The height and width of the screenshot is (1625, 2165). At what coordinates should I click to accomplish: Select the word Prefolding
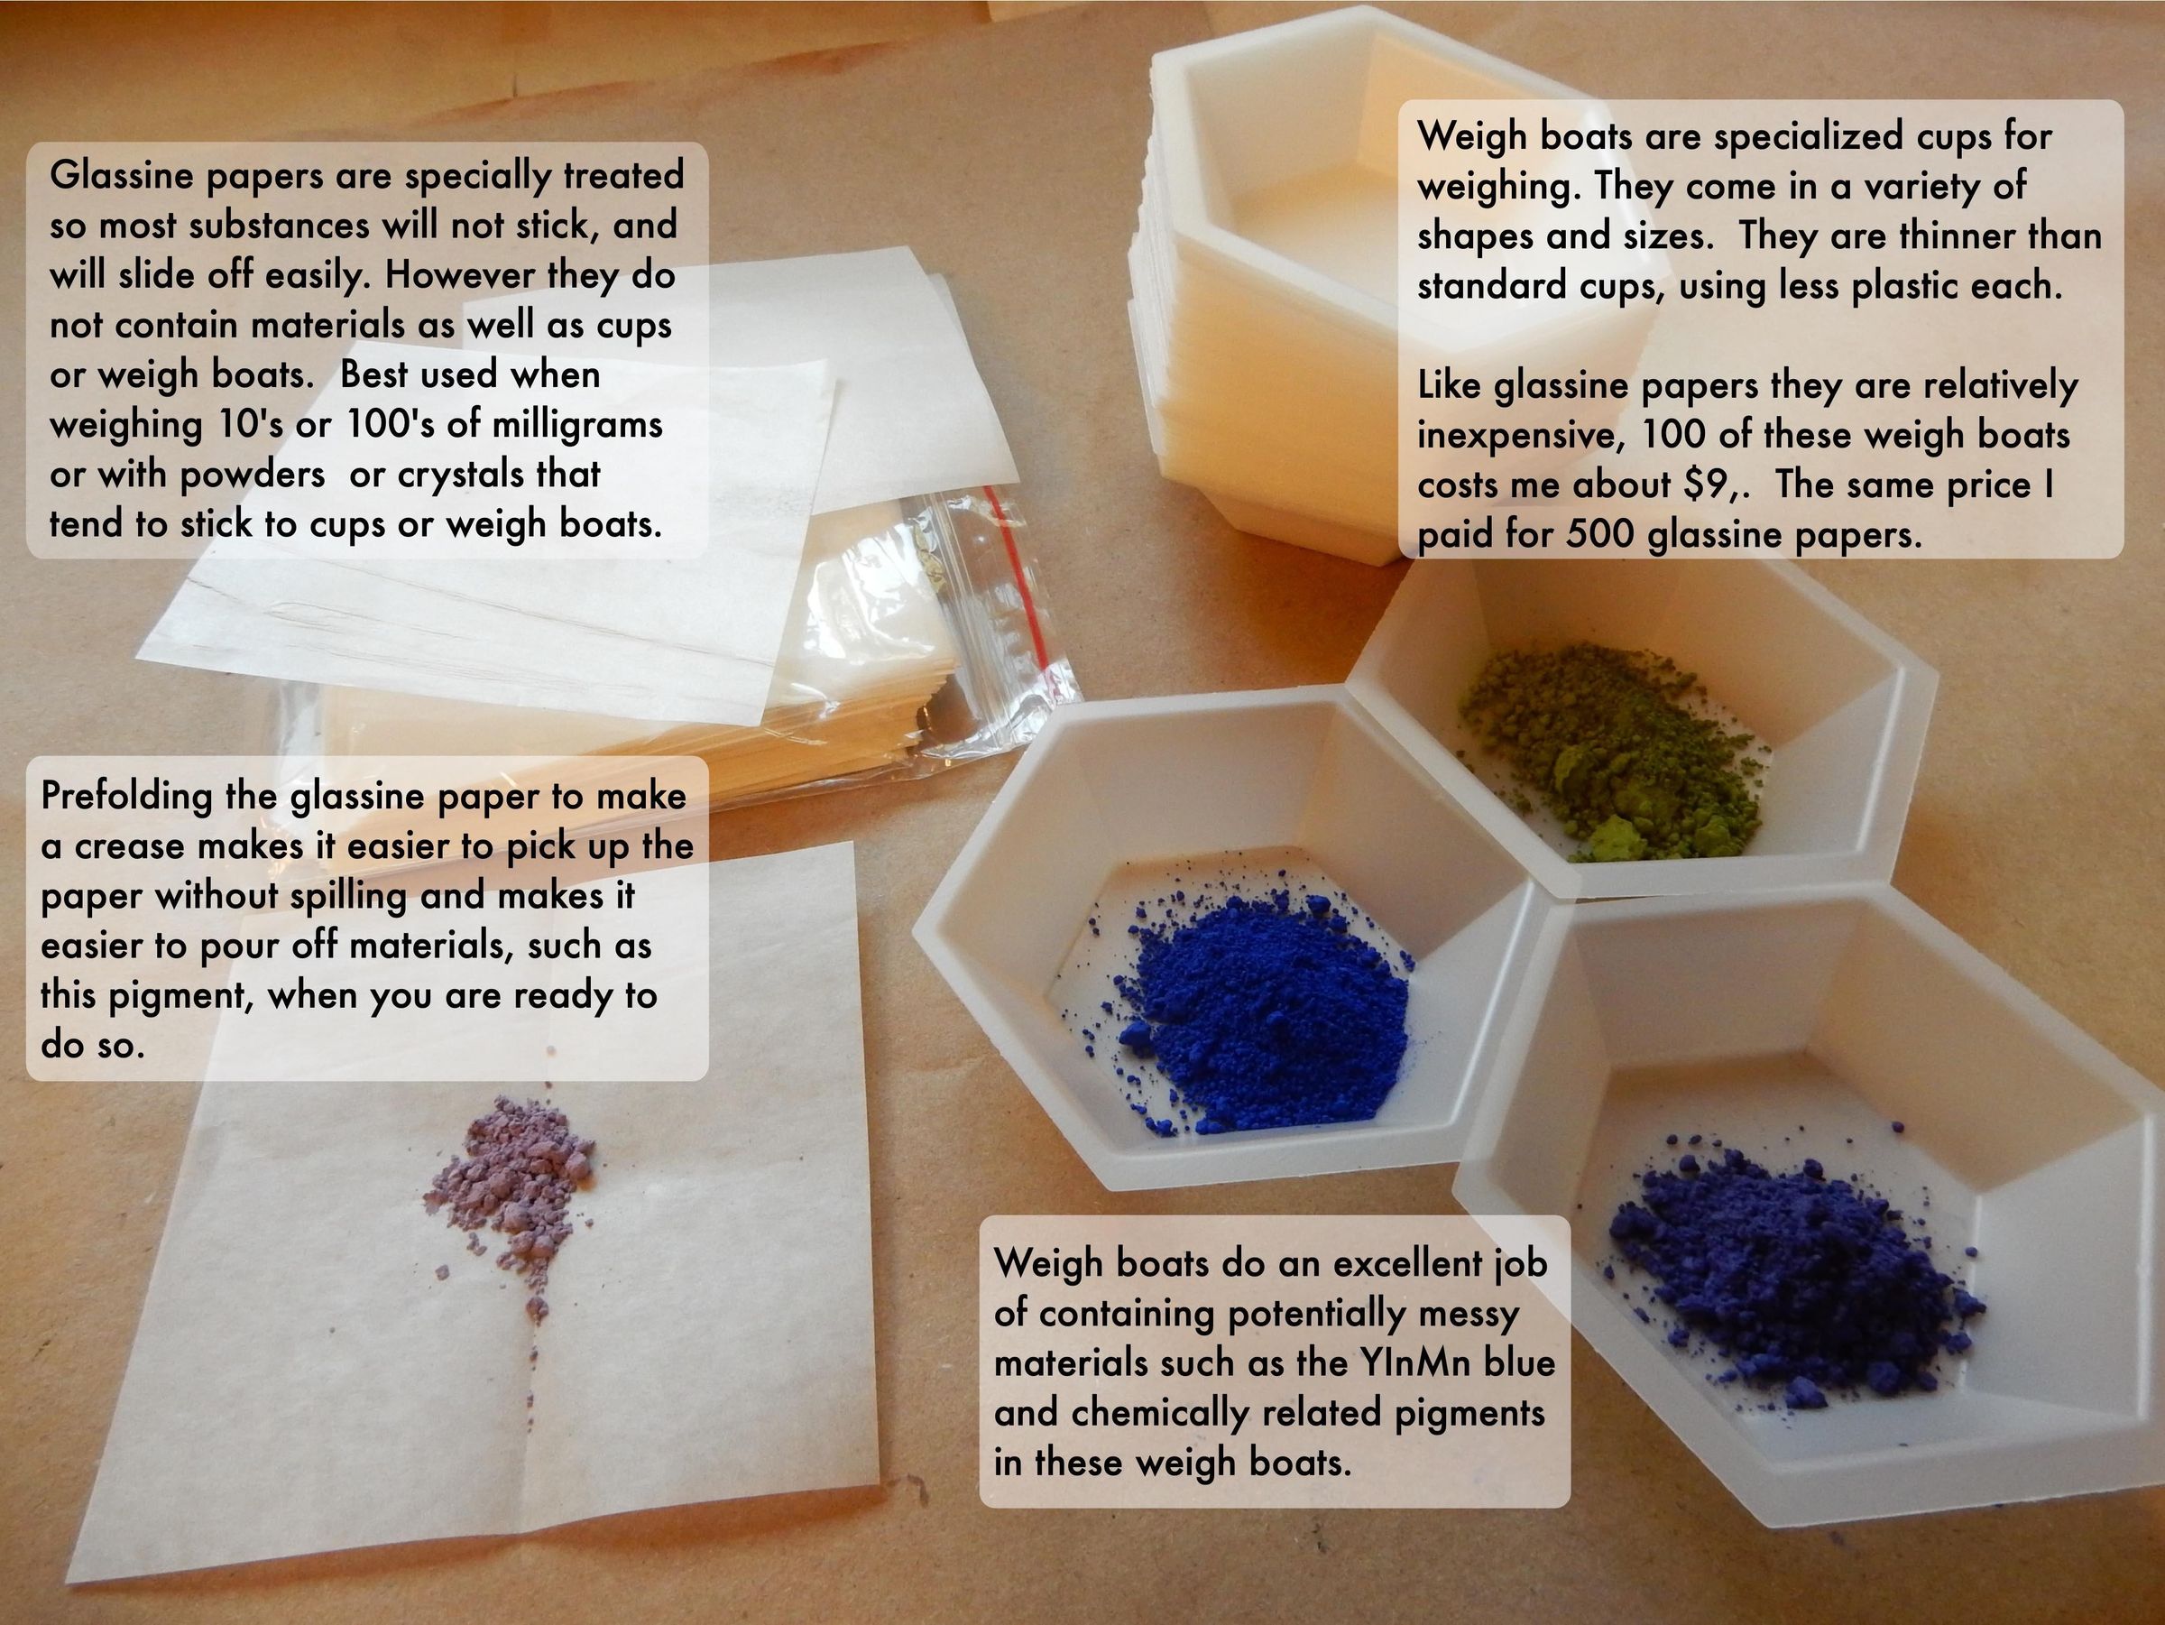click(x=126, y=796)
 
